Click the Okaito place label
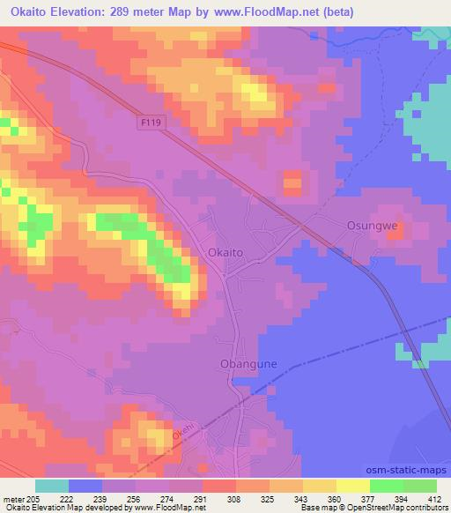pos(225,252)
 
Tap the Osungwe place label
pos(367,226)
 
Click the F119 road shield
pos(152,126)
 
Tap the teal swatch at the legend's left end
pos(52,486)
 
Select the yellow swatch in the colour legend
pos(353,486)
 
